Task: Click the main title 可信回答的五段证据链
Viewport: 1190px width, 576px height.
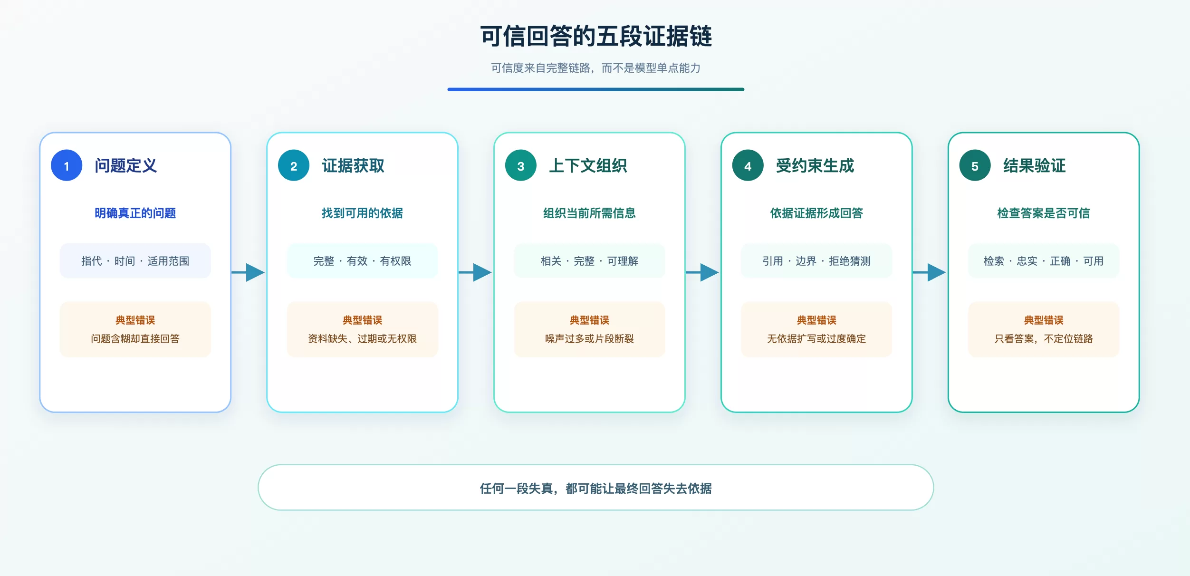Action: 596,36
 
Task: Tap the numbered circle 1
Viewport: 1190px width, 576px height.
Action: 67,165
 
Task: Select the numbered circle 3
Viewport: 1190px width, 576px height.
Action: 521,165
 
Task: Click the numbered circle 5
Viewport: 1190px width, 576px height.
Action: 975,165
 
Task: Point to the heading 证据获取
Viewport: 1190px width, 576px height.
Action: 353,165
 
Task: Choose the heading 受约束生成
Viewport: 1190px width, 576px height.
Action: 815,165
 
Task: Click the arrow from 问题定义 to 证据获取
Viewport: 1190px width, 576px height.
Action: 248,272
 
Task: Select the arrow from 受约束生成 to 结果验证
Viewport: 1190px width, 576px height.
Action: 930,272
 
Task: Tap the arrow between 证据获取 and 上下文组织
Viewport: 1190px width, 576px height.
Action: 475,272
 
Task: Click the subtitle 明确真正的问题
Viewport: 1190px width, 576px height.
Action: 135,213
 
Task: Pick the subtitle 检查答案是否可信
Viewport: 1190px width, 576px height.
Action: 1044,213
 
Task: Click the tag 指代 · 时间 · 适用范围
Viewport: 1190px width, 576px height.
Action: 135,261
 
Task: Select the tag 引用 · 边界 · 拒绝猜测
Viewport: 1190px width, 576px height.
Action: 816,261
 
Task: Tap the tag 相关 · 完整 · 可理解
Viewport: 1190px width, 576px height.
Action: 589,261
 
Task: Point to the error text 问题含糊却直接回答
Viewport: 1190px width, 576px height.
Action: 135,338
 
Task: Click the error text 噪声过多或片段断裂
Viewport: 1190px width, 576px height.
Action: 589,338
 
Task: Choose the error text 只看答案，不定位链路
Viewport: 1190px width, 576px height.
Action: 1044,338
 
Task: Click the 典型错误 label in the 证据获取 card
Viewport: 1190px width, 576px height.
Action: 363,320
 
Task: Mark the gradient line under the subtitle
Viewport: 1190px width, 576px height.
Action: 596,89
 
